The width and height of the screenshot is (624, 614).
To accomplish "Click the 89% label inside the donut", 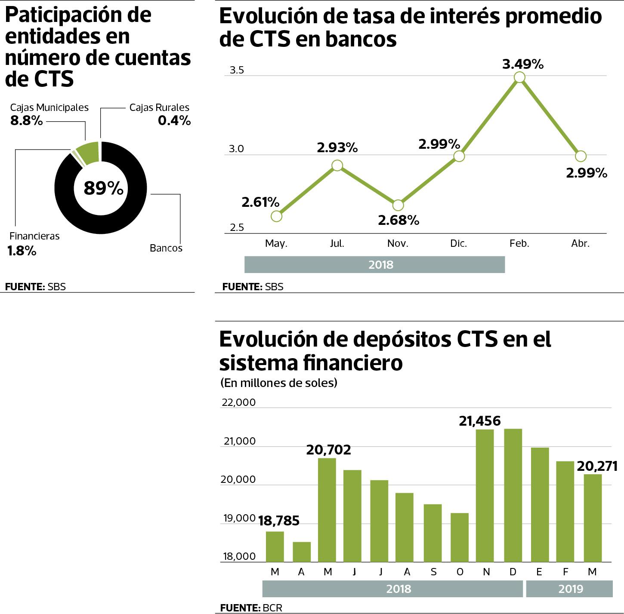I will pyautogui.click(x=103, y=188).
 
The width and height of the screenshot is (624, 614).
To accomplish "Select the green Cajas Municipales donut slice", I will pyautogui.click(x=88, y=153).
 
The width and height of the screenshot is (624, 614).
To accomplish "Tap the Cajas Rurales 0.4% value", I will pyautogui.click(x=174, y=121).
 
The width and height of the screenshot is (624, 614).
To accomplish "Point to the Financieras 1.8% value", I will pyautogui.click(x=22, y=251).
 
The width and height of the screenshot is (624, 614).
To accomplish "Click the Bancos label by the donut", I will pyautogui.click(x=166, y=248).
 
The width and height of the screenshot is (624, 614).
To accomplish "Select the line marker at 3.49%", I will pyautogui.click(x=519, y=77).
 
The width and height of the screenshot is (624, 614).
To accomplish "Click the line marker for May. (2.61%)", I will pyautogui.click(x=277, y=216).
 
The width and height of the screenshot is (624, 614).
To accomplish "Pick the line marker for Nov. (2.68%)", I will pyautogui.click(x=398, y=205).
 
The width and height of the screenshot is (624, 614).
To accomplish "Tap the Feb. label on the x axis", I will pyautogui.click(x=519, y=243).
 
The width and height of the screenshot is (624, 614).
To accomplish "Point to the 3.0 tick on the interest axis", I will pyautogui.click(x=236, y=149).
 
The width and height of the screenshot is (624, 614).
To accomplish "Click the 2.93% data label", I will pyautogui.click(x=337, y=148).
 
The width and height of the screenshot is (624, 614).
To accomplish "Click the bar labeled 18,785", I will pyautogui.click(x=275, y=546).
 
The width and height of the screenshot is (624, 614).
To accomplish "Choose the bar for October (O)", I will pyautogui.click(x=460, y=537).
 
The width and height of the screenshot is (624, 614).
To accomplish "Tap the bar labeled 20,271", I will pyautogui.click(x=593, y=518).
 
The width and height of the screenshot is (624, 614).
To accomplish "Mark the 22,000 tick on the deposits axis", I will pyautogui.click(x=238, y=402).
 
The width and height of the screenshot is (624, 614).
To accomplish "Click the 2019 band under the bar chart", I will pyautogui.click(x=569, y=589).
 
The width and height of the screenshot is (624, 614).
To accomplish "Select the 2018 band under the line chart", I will pyautogui.click(x=374, y=265).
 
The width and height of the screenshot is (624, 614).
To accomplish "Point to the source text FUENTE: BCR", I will pyautogui.click(x=251, y=608).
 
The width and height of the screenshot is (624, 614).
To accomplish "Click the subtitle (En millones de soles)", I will pyautogui.click(x=279, y=383).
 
